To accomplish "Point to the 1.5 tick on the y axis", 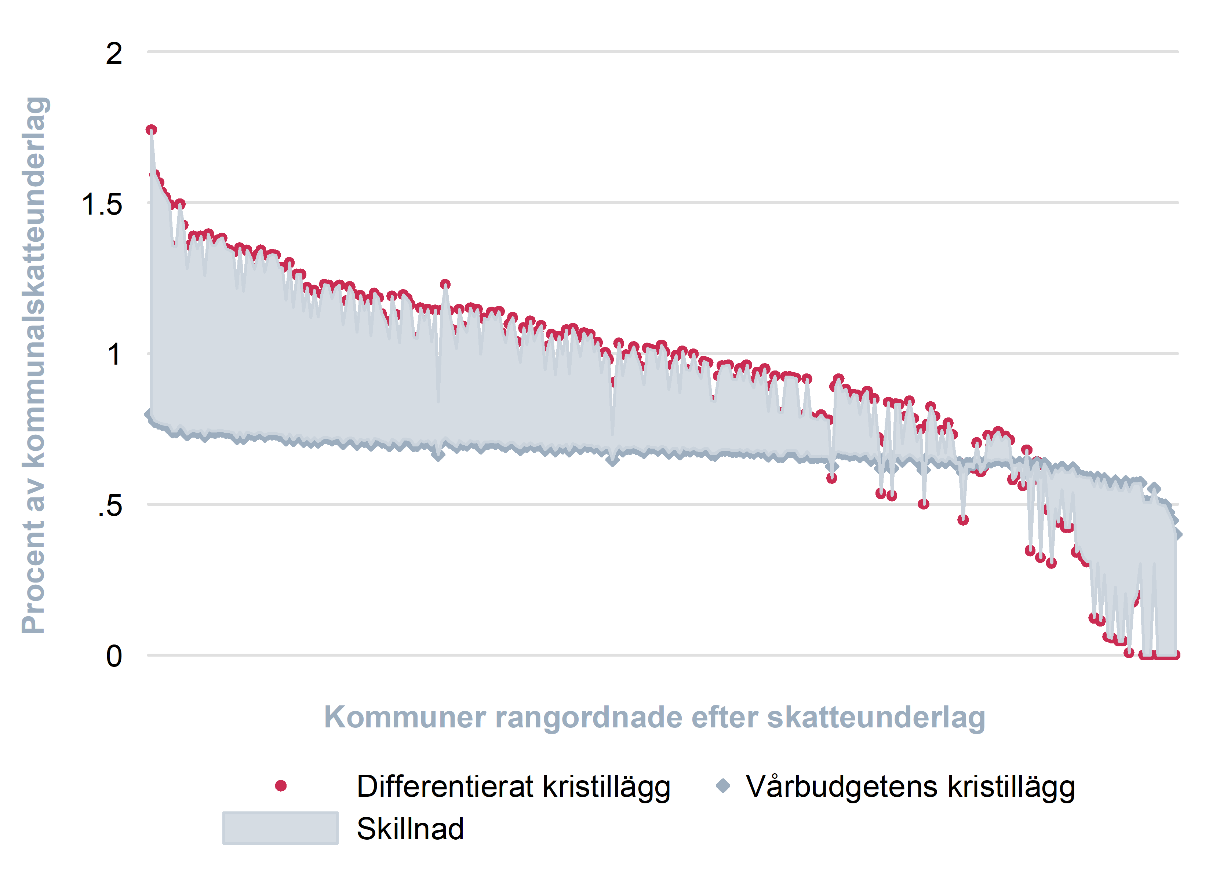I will tap(102, 205).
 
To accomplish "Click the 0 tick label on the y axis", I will tap(114, 657).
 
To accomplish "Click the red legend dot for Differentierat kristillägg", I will tap(281, 786).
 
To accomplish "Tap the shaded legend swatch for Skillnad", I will tap(280, 828).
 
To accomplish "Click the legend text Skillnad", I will tap(410, 829).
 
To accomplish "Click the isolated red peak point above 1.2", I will tap(445, 284).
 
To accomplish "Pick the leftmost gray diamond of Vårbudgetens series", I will tap(150, 414).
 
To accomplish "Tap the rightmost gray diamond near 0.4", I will tap(1177, 534).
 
